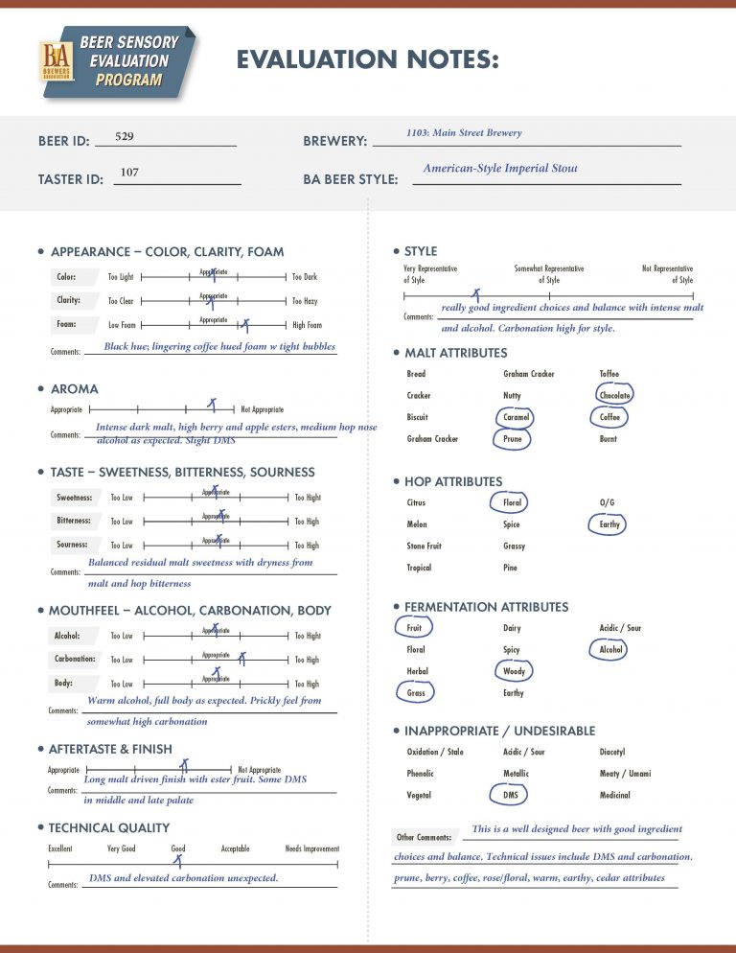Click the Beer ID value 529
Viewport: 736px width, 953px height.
coord(124,136)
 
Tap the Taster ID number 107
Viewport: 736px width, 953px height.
coord(129,173)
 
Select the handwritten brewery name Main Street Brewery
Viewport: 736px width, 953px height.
coord(464,133)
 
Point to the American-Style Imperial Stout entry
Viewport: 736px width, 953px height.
coord(500,169)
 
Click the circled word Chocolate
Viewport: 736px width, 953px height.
coord(614,395)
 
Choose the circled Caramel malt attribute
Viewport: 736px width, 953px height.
coord(517,417)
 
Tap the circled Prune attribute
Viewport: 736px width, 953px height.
coord(513,439)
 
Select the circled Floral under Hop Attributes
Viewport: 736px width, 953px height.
coord(512,502)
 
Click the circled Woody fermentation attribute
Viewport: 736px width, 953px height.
coord(514,671)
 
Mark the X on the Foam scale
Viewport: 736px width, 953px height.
coord(244,325)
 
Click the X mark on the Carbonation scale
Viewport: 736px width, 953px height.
coord(242,659)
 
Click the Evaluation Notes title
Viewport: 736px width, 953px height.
coord(368,60)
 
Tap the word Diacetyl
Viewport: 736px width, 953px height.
coord(612,752)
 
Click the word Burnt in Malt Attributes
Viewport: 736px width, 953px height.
coord(609,439)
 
